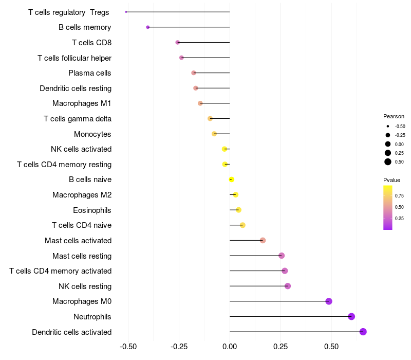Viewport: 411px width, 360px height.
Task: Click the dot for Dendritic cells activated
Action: [x=363, y=332]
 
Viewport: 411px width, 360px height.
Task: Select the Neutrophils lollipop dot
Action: [x=351, y=316]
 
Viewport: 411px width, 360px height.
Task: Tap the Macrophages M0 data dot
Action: [x=329, y=301]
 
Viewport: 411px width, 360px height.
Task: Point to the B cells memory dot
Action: [x=148, y=27]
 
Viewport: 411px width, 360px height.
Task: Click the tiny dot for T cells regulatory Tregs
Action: [x=126, y=12]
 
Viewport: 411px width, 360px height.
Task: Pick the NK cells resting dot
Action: [x=288, y=286]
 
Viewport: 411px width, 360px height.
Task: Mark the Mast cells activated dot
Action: [x=263, y=240]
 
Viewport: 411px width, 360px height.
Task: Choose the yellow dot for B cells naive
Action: [x=232, y=179]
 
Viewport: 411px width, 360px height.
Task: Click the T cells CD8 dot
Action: [x=178, y=42]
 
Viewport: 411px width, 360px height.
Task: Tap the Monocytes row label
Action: [x=92, y=134]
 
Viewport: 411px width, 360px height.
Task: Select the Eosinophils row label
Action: [x=92, y=210]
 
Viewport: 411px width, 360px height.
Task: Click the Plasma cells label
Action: [x=90, y=73]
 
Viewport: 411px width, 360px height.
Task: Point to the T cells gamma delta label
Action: [x=78, y=119]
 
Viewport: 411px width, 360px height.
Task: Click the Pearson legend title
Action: [x=394, y=116]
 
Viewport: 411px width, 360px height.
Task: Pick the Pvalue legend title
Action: [x=391, y=180]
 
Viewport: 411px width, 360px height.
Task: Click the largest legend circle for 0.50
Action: [x=388, y=162]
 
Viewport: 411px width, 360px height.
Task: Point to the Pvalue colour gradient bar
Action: [x=387, y=207]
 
